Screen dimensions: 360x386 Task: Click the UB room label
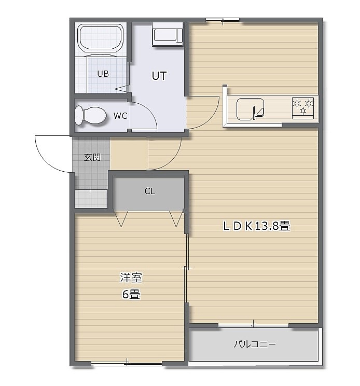point(103,74)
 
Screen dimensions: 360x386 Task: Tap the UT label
point(159,76)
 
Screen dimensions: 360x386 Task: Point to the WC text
point(120,116)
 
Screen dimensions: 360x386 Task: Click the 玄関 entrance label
point(92,157)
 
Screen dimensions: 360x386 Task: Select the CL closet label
point(149,191)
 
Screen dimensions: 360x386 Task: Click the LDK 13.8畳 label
point(256,226)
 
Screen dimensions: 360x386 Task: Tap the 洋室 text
point(131,278)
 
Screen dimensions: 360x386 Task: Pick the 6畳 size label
point(131,294)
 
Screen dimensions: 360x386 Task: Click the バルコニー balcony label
point(254,344)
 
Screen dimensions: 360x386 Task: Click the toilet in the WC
point(90,115)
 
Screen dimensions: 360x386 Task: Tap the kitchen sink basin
point(250,109)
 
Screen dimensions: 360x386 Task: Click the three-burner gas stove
point(303,108)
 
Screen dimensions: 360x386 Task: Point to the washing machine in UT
point(168,34)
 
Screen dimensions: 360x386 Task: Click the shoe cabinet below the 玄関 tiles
point(91,199)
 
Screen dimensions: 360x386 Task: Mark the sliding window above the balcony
point(254,325)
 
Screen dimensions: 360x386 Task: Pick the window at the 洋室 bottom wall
point(127,363)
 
